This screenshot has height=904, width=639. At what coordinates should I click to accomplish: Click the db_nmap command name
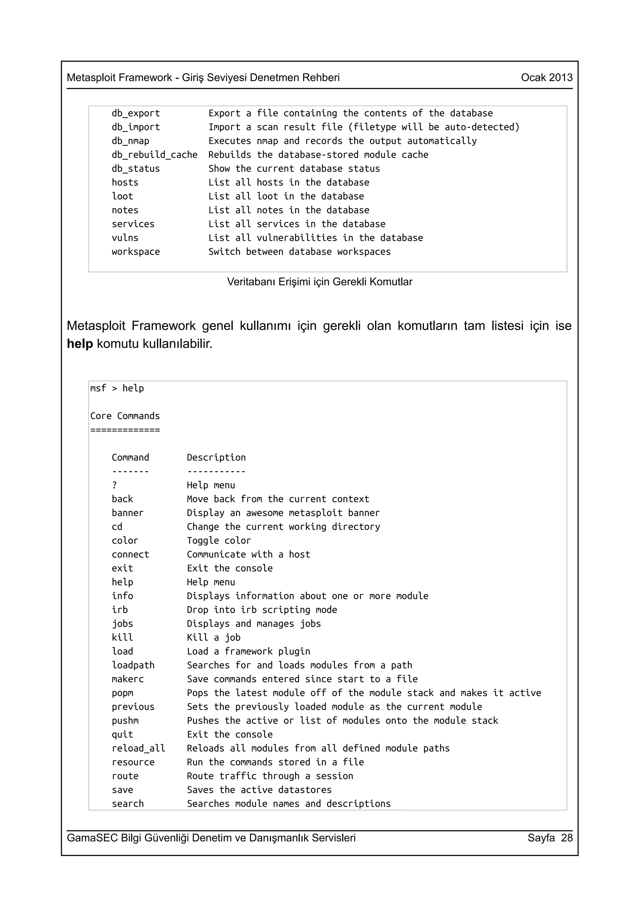[130, 141]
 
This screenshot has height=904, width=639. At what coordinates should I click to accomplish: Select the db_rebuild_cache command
[154, 155]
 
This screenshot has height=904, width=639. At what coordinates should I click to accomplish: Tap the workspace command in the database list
[135, 252]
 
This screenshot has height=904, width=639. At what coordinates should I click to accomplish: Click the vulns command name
[125, 238]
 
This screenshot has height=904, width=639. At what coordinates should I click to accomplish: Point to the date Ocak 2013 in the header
[546, 78]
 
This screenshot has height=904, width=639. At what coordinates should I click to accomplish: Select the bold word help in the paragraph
[80, 344]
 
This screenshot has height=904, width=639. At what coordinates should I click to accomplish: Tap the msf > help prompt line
[117, 388]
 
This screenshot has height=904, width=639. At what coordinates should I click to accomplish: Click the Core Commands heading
[125, 416]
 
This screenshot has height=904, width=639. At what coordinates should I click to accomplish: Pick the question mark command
[115, 485]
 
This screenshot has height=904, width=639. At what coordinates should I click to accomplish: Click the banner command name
[128, 513]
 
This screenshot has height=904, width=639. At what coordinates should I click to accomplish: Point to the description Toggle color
[218, 541]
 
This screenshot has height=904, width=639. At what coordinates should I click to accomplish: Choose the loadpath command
[133, 665]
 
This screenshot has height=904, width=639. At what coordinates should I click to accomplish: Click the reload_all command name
[138, 748]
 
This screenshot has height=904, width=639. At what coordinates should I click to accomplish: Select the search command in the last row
[128, 804]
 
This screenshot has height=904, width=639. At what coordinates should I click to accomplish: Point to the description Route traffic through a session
[270, 776]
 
